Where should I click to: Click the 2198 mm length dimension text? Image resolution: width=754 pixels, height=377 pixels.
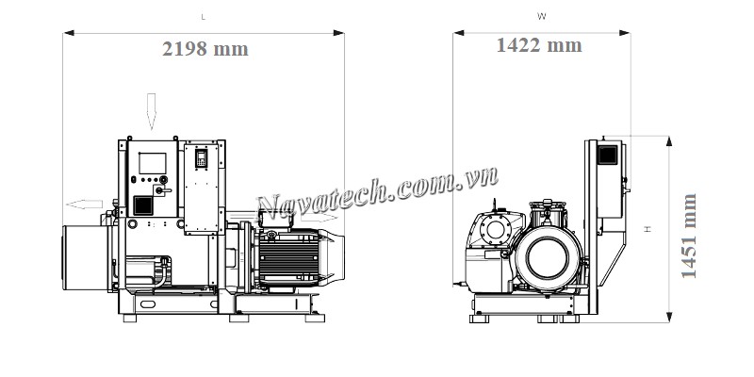click(x=205, y=50)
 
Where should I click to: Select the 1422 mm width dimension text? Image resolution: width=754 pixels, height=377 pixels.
click(x=539, y=45)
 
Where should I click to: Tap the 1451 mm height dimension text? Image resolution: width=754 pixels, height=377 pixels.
click(x=690, y=236)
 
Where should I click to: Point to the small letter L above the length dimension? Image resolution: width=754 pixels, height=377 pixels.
click(x=205, y=16)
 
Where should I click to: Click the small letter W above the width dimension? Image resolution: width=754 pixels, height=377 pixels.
click(x=540, y=16)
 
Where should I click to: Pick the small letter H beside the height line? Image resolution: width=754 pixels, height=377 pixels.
click(x=647, y=229)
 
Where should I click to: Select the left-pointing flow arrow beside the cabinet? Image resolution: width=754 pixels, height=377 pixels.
click(x=83, y=204)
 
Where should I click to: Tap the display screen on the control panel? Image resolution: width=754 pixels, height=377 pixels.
click(x=151, y=161)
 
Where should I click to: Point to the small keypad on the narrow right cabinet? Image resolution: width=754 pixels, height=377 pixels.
click(x=200, y=159)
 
